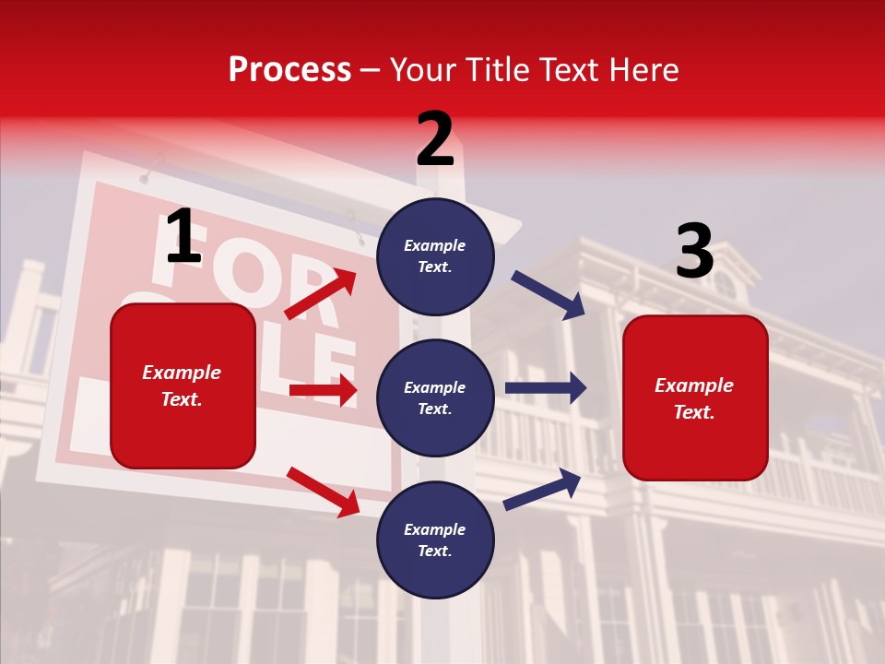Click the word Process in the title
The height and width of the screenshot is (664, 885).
coord(289,70)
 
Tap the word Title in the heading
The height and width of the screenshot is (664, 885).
coord(496,70)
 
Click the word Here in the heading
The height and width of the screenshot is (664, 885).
coord(643,70)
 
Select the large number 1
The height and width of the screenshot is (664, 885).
coord(183,237)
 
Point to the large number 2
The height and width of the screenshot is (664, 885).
coord(435,139)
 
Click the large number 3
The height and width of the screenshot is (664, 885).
coord(694,252)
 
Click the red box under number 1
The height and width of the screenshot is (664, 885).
coord(183,385)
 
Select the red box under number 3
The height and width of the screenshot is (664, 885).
coord(695,398)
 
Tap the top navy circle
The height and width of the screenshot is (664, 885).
coord(435,256)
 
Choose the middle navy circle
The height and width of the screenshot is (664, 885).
coord(435,397)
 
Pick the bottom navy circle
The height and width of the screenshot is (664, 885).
coord(435,539)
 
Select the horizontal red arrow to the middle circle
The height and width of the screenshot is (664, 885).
coord(323,390)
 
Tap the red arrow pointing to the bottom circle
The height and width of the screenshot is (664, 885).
coord(323,492)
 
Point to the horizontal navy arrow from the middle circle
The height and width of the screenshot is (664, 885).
coord(546,388)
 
